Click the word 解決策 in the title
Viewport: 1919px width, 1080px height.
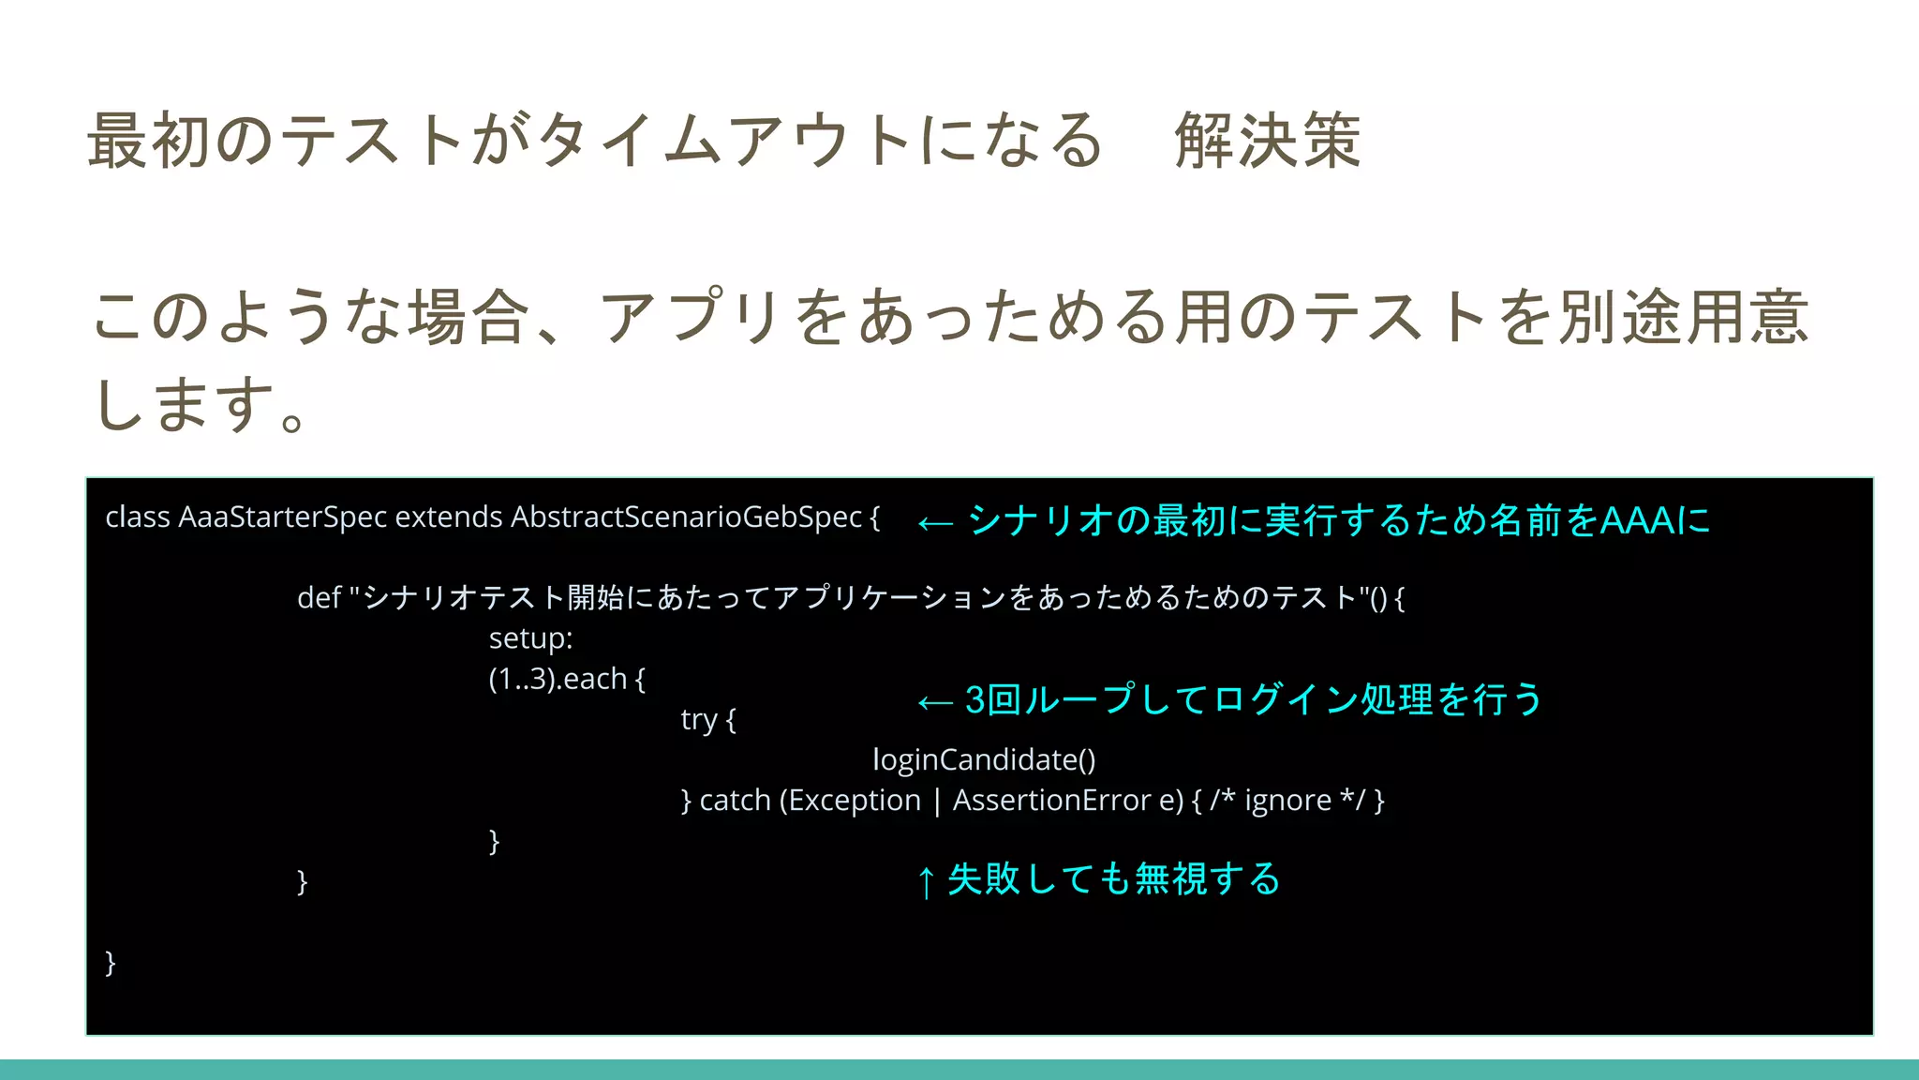point(1268,141)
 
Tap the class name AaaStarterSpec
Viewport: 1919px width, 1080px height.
point(282,517)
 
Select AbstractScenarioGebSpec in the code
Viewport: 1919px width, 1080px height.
point(686,517)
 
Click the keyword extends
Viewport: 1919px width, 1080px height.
point(449,517)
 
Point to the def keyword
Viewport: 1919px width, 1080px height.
point(319,598)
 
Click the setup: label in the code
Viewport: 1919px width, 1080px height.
point(530,638)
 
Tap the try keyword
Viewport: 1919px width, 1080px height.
point(698,720)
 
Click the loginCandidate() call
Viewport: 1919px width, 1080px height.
point(984,759)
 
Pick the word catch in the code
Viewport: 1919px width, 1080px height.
point(735,801)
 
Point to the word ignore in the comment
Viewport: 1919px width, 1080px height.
point(1287,801)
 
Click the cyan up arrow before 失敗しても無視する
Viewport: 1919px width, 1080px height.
point(926,882)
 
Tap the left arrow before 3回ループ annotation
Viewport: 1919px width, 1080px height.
point(935,702)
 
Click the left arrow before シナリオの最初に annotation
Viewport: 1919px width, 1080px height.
point(935,523)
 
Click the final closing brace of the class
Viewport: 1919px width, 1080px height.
point(111,962)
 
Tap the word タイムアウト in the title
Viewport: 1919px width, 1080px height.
point(723,141)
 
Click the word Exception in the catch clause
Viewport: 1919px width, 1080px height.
point(855,801)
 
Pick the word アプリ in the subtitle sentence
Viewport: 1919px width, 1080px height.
point(691,316)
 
